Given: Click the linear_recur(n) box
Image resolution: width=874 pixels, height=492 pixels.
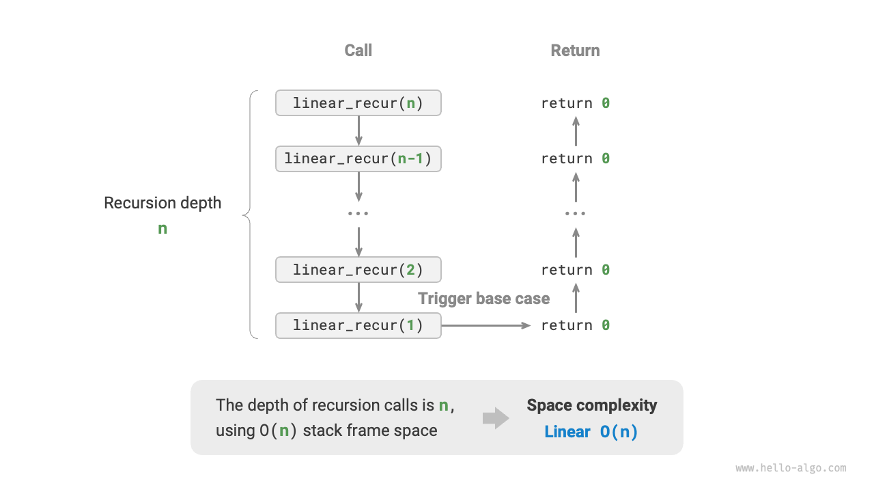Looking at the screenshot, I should [358, 103].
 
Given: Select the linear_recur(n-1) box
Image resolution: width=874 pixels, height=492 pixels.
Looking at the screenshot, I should [358, 159].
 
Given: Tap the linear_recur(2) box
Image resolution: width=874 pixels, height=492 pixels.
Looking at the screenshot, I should [358, 270].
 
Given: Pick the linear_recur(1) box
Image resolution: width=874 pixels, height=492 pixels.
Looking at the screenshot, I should [358, 325].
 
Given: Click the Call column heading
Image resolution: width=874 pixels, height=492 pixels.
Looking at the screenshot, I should [358, 51].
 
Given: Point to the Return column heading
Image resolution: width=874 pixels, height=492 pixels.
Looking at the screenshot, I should [575, 51].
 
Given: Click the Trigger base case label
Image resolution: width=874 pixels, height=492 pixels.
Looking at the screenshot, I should [483, 299].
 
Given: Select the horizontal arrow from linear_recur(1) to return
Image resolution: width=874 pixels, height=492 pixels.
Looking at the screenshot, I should [485, 325].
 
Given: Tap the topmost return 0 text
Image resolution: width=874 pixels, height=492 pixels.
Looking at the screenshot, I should [575, 103].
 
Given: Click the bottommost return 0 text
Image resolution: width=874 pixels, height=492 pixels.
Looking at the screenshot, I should [575, 325].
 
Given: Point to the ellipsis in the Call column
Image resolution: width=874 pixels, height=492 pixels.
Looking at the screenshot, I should [358, 214].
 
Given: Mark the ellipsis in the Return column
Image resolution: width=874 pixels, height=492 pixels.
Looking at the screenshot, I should [575, 214].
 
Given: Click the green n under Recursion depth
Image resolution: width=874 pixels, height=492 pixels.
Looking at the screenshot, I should [163, 229].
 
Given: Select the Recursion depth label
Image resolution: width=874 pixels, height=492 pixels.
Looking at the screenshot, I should [163, 203].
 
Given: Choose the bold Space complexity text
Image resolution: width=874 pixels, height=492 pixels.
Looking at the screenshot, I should [591, 405].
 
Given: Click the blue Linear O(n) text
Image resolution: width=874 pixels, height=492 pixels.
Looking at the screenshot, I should [591, 432].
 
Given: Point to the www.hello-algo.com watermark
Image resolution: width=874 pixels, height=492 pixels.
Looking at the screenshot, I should [791, 468].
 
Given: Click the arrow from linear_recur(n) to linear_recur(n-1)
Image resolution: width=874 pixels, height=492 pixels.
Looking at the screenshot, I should [358, 131].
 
